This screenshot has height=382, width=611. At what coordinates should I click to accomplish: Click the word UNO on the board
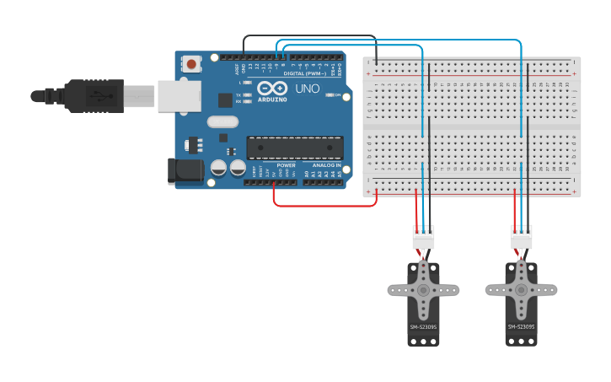pyautogui.click(x=308, y=89)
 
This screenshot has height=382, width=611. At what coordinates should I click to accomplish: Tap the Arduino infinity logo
pyautogui.click(x=271, y=89)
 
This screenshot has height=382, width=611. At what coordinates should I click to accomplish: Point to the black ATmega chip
pyautogui.click(x=294, y=148)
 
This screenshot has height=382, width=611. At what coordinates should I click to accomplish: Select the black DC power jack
pyautogui.click(x=185, y=171)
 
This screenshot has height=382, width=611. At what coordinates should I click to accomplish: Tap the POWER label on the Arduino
pyautogui.click(x=287, y=165)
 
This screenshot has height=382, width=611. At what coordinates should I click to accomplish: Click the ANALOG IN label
pyautogui.click(x=327, y=165)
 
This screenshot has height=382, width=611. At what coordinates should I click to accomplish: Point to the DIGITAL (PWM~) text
pyautogui.click(x=305, y=73)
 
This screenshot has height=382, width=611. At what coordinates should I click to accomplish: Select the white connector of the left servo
pyautogui.click(x=423, y=238)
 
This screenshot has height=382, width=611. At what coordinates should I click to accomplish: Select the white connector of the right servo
pyautogui.click(x=522, y=238)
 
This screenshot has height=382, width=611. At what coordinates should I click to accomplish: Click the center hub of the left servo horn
pyautogui.click(x=423, y=290)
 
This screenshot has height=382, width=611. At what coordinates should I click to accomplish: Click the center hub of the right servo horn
pyautogui.click(x=521, y=290)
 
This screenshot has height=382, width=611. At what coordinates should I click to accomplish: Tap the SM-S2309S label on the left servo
pyautogui.click(x=423, y=326)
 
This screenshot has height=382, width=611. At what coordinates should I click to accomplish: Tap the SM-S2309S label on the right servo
pyautogui.click(x=521, y=326)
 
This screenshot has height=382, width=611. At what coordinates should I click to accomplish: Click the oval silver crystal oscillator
pyautogui.click(x=222, y=121)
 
